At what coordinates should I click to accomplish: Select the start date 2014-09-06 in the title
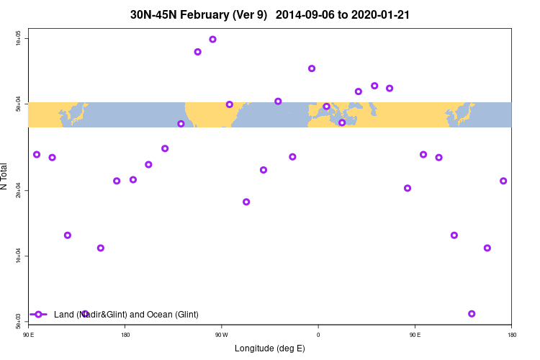[x=305, y=14]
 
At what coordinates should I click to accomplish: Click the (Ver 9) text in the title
[x=253, y=14]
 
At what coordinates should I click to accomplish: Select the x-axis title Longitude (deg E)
[x=270, y=348]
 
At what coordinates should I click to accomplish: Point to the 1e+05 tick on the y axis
[x=19, y=38]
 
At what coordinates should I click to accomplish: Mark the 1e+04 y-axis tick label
[x=19, y=256]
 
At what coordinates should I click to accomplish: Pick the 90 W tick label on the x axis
[x=222, y=335]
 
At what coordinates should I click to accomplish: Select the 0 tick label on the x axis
[x=318, y=335]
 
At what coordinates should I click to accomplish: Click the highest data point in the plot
[x=212, y=39]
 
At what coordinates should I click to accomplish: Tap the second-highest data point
[x=197, y=52]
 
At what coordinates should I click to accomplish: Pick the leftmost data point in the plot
[x=37, y=155]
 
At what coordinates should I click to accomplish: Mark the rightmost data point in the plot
[x=503, y=181]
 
